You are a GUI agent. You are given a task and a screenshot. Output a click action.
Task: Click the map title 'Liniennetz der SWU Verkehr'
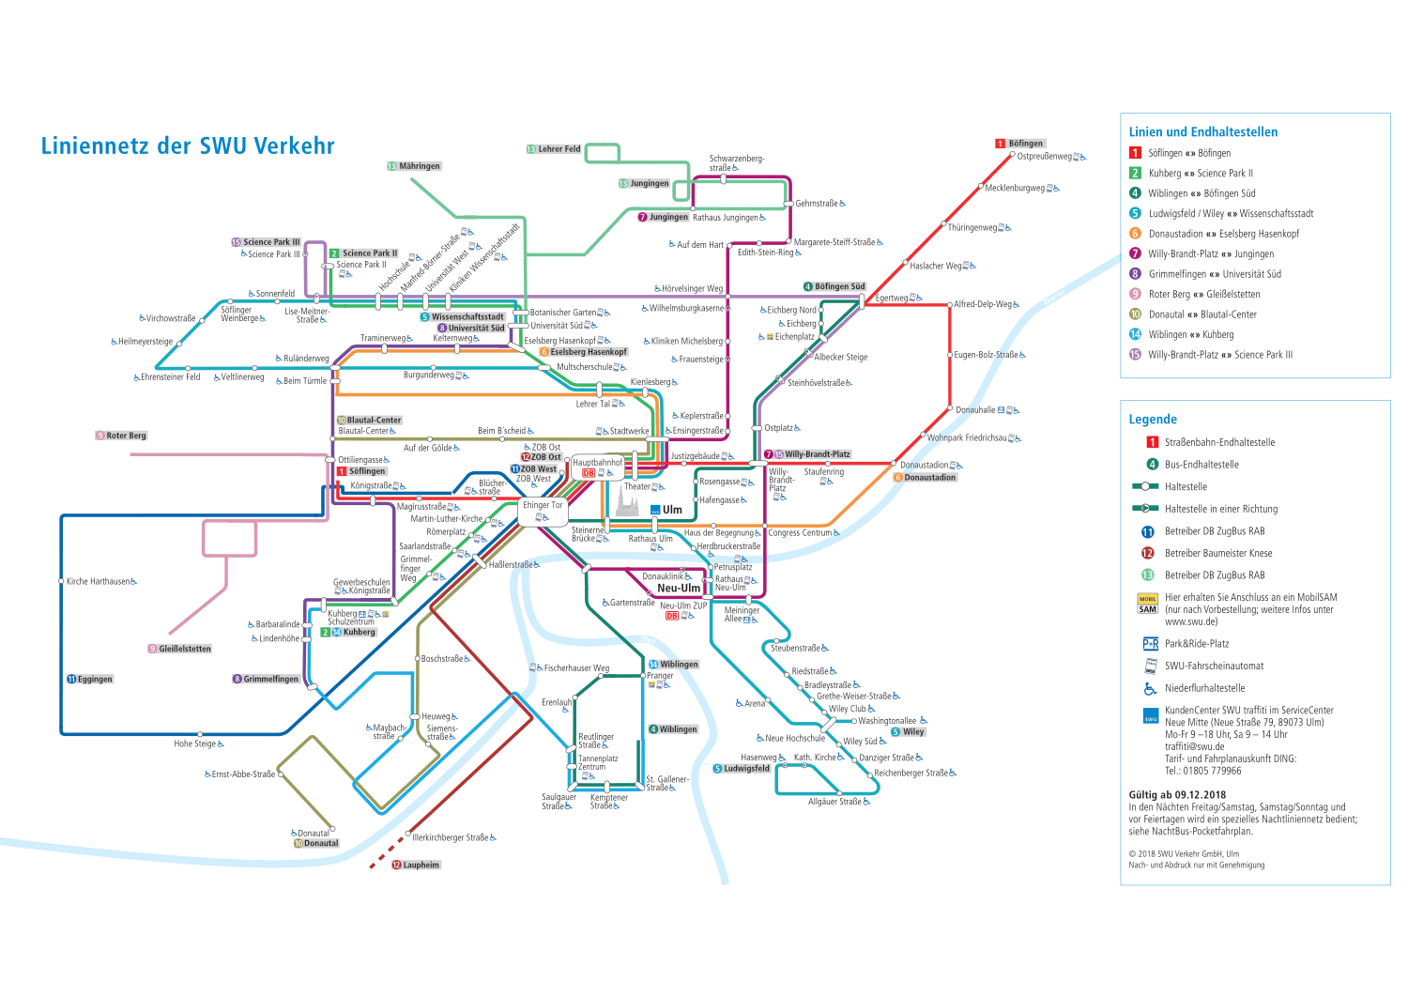[188, 146]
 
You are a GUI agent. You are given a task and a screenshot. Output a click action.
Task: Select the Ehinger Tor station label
[543, 505]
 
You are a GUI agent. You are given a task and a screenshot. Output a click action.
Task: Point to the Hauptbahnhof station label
[597, 463]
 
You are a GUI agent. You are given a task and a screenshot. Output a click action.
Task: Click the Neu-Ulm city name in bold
[679, 589]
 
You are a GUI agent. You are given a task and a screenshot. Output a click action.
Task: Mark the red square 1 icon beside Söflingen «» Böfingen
[1135, 153]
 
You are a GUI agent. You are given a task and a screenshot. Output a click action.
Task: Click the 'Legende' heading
[1153, 420]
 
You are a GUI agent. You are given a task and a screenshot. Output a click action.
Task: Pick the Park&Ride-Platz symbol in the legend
[1150, 644]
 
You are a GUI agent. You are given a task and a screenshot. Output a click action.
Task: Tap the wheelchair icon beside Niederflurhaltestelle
[1150, 688]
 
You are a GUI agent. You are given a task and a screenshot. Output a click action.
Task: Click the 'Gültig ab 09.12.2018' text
[1177, 795]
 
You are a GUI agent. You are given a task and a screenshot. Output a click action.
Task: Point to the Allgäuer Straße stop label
[834, 802]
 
